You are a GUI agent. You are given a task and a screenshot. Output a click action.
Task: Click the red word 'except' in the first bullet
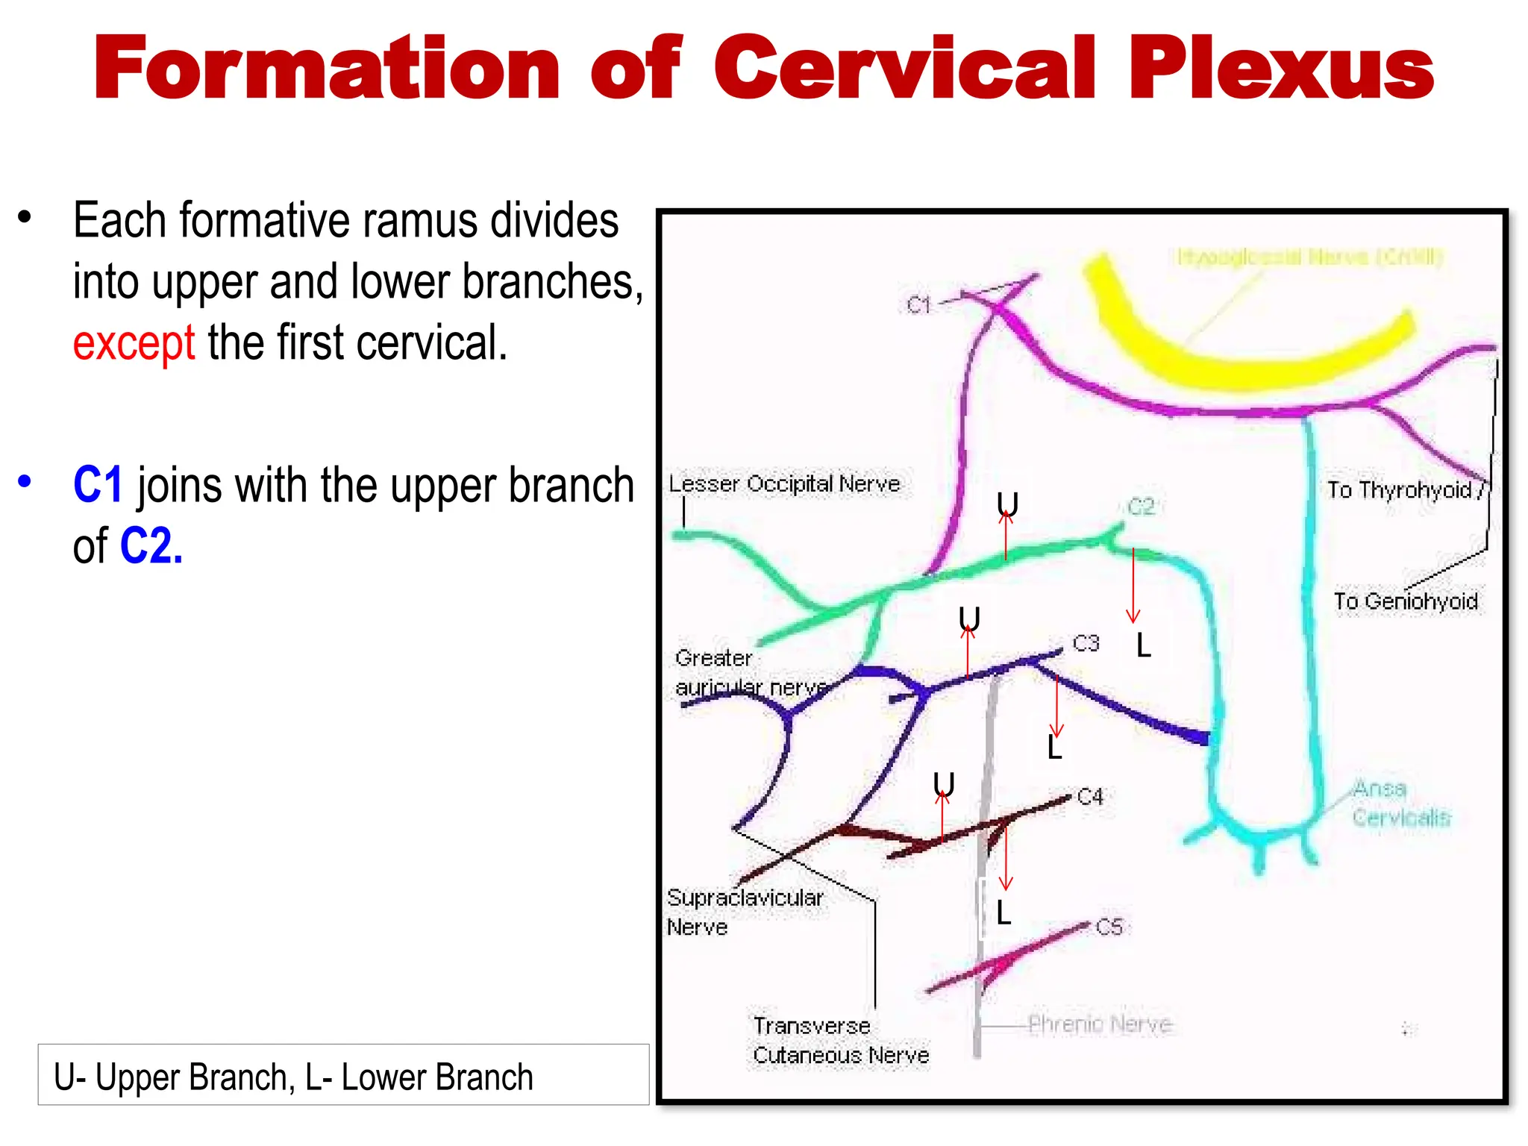click(134, 343)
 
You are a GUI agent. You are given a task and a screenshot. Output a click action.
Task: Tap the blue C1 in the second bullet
click(98, 485)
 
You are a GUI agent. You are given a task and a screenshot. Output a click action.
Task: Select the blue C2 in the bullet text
click(151, 546)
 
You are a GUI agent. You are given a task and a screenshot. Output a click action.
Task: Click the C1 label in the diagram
click(918, 305)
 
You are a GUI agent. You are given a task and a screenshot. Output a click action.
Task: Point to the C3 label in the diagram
click(1086, 643)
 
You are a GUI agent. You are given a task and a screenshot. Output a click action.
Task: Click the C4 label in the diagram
click(1090, 797)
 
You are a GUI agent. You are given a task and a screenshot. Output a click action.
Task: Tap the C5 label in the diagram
click(1109, 927)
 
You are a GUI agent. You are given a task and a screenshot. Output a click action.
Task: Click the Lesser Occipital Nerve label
click(784, 484)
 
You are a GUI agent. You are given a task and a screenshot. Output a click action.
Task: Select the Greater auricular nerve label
click(750, 672)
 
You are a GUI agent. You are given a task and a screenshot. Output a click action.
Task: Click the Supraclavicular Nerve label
click(745, 912)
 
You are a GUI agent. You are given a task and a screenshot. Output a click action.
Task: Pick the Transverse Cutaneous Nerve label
click(841, 1040)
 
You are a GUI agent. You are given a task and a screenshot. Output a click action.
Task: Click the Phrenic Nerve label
click(1100, 1024)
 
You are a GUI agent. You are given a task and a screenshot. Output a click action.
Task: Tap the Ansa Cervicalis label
click(1401, 803)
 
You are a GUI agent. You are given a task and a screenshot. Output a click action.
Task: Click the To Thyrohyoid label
click(1399, 490)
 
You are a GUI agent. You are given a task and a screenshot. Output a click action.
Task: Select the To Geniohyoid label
click(1406, 601)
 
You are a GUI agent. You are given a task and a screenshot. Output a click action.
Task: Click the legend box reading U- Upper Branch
click(343, 1075)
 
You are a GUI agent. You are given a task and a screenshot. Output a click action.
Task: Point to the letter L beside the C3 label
click(1143, 646)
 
